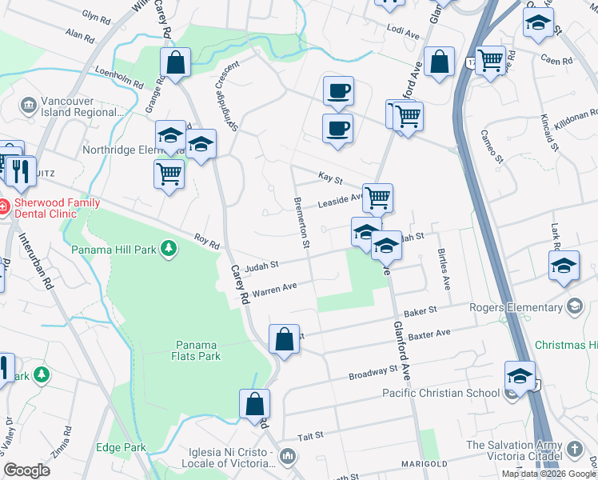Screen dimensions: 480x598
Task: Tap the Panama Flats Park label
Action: click(197, 350)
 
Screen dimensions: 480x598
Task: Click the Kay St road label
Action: click(329, 177)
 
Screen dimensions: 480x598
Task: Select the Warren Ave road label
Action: click(274, 288)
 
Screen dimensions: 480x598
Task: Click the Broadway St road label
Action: click(373, 373)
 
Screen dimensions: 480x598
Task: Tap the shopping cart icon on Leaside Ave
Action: click(377, 197)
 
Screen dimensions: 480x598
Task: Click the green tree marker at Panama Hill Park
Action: click(168, 250)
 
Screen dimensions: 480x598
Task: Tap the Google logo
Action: click(27, 470)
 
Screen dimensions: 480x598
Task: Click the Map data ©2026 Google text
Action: click(549, 474)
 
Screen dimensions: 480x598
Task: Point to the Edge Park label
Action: click(121, 447)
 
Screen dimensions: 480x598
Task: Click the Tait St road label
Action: click(309, 435)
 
